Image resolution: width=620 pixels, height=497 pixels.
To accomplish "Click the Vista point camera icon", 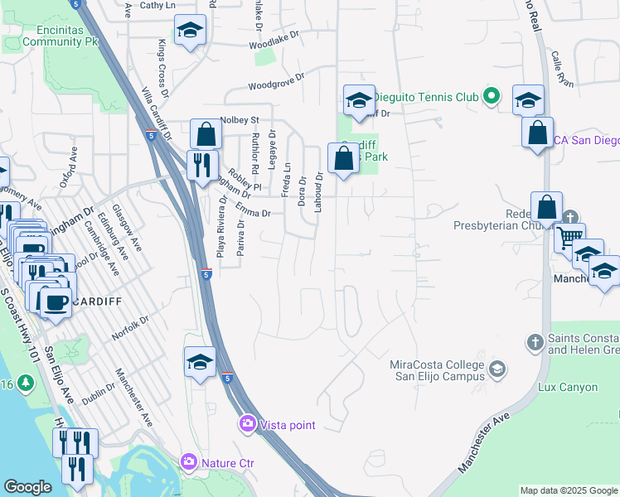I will (x=247, y=424).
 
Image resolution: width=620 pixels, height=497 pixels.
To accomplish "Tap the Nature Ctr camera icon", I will (x=189, y=461).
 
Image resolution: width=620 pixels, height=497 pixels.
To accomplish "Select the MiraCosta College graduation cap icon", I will (x=497, y=369).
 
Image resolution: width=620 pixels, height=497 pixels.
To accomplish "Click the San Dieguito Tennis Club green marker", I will (x=491, y=97).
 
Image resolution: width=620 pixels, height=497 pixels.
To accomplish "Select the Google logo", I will (x=27, y=487).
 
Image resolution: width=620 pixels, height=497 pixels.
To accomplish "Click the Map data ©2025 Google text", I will (x=569, y=490).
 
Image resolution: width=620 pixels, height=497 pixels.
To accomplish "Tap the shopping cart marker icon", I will (x=569, y=237).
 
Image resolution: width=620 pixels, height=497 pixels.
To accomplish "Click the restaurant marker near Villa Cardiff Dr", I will (x=203, y=164).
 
